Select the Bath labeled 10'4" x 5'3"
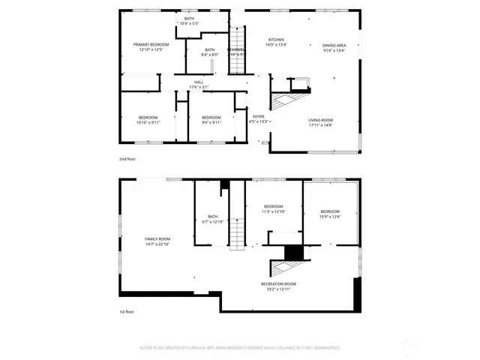pos(188,21)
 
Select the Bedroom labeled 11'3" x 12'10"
pos(274,208)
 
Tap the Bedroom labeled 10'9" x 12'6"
pos(330,214)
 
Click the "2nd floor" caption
pos(127,160)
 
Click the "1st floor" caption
pos(127,311)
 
